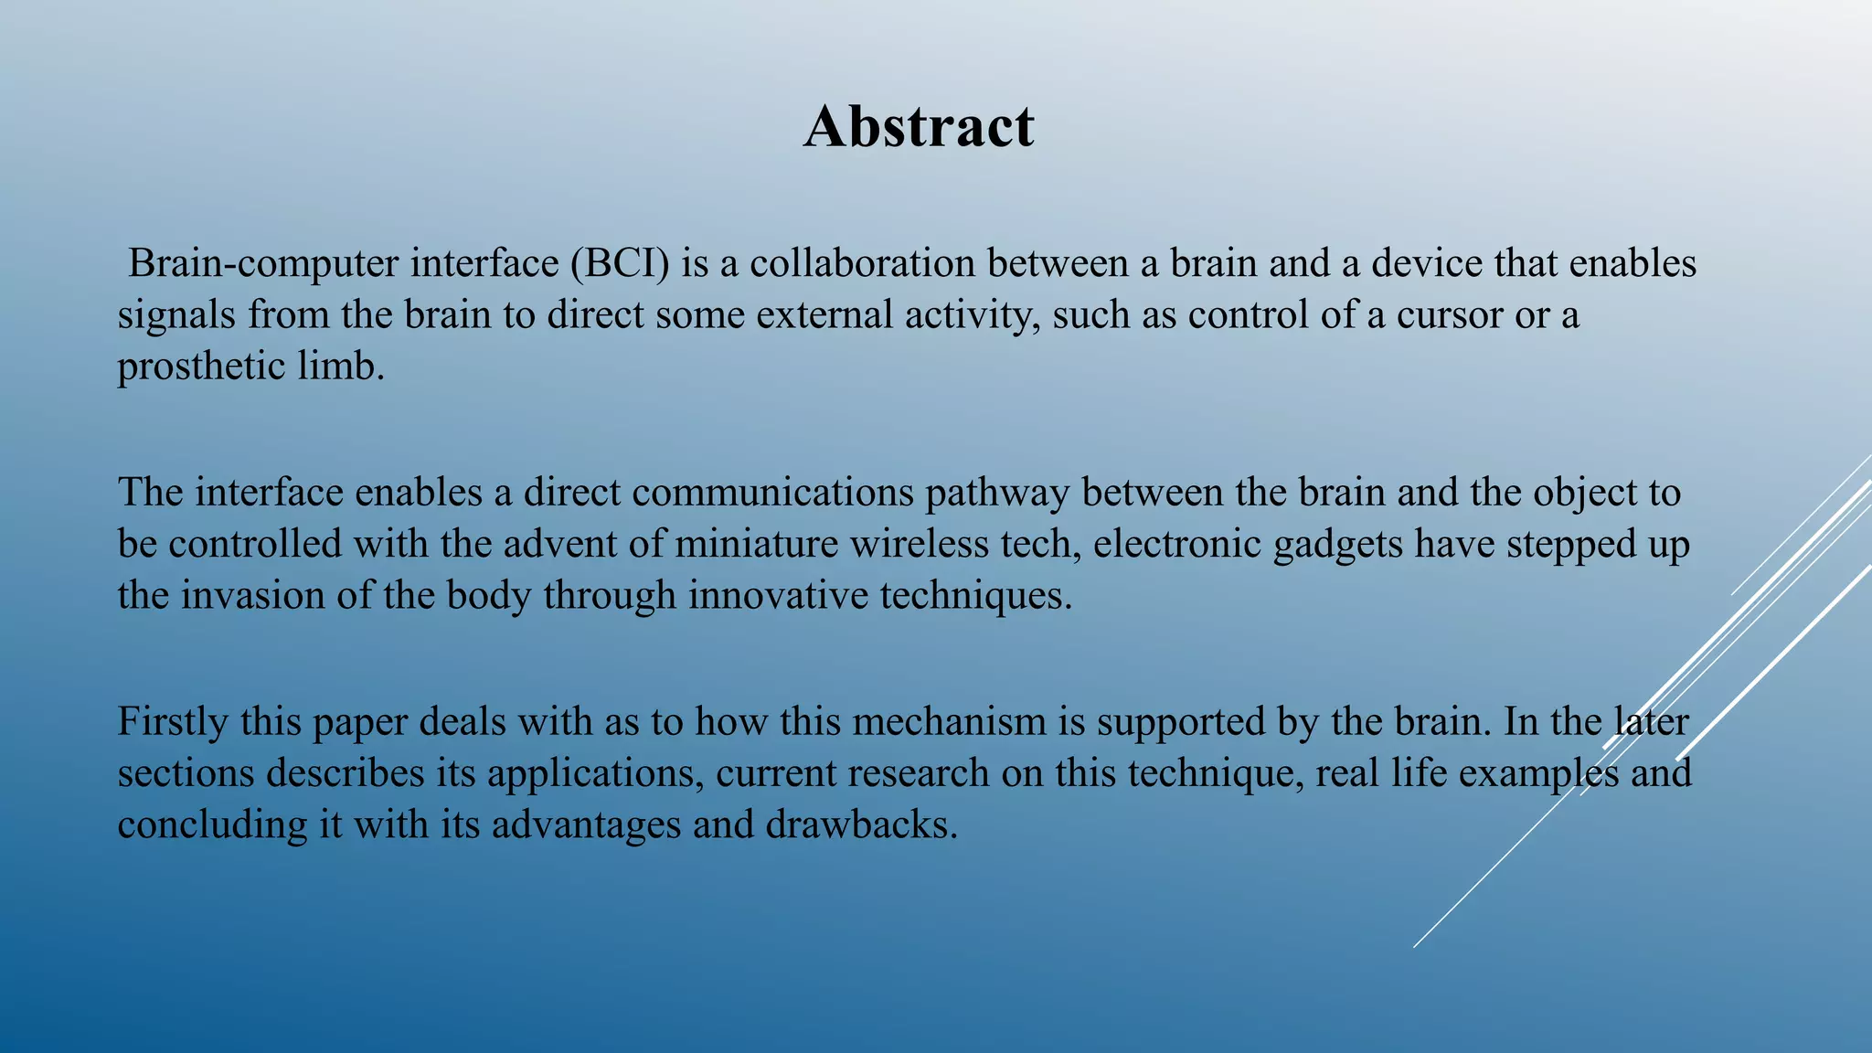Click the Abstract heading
click(919, 126)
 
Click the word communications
click(772, 494)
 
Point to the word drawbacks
click(861, 825)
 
